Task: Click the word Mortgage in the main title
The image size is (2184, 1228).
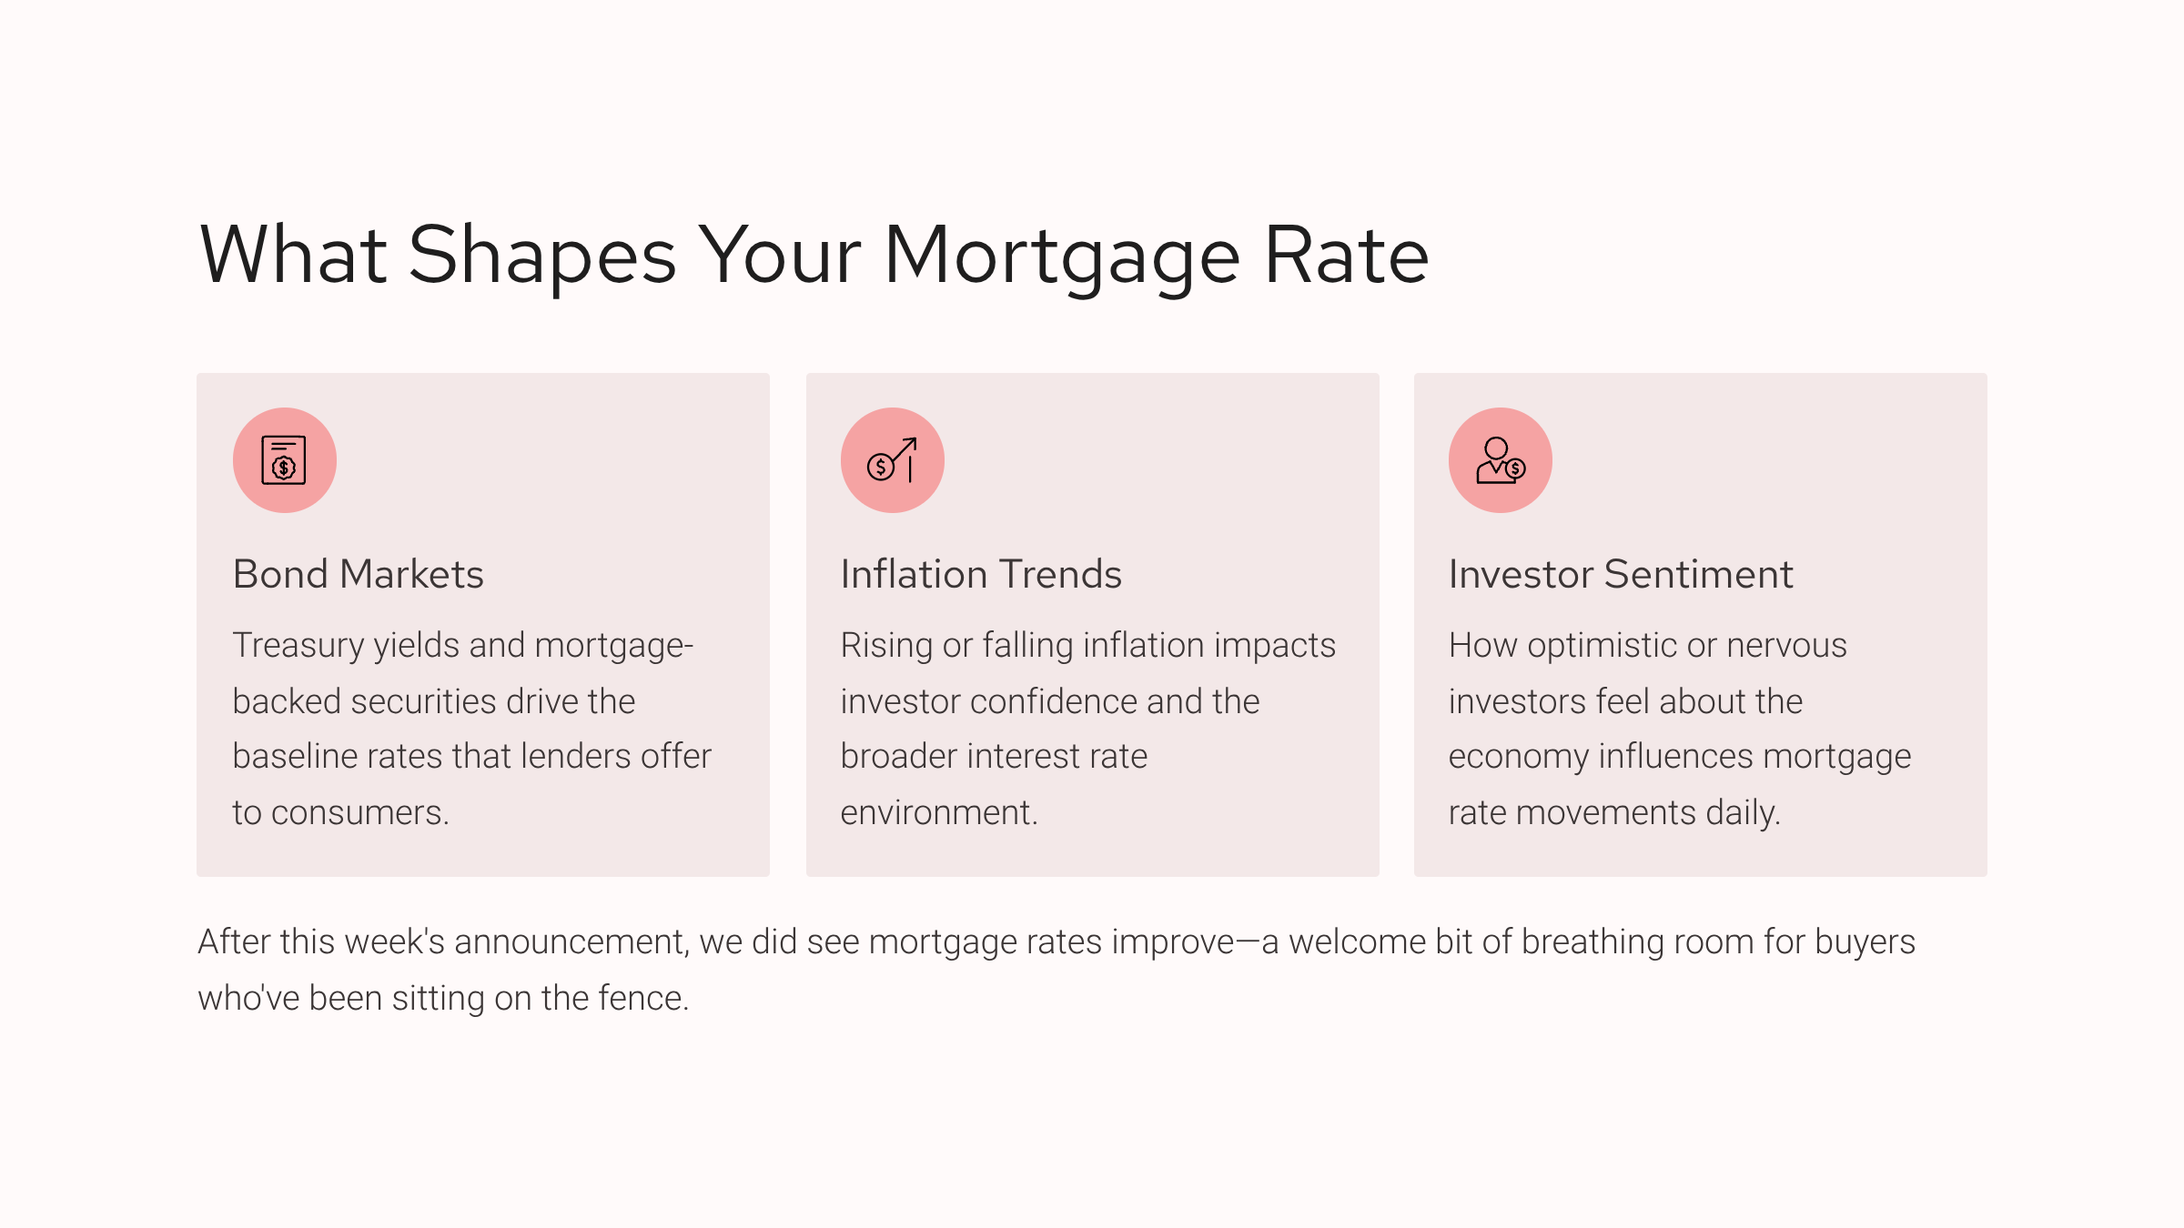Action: pyautogui.click(x=1062, y=257)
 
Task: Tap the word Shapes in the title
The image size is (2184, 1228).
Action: pyautogui.click(x=542, y=257)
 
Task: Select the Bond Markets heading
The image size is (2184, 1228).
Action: pyautogui.click(x=359, y=574)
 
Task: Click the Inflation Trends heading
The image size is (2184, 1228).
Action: pyautogui.click(x=981, y=574)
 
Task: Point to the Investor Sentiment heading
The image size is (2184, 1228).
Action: pyautogui.click(x=1621, y=574)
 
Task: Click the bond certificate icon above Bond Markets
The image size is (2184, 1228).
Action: pyautogui.click(x=284, y=460)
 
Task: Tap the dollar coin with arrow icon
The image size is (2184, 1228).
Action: pyautogui.click(x=892, y=460)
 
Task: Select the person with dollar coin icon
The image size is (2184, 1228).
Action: pyautogui.click(x=1501, y=460)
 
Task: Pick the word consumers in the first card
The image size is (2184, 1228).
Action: pyautogui.click(x=359, y=813)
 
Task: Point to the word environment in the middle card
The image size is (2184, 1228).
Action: pyautogui.click(x=939, y=813)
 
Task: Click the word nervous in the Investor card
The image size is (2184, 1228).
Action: pyautogui.click(x=1787, y=646)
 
